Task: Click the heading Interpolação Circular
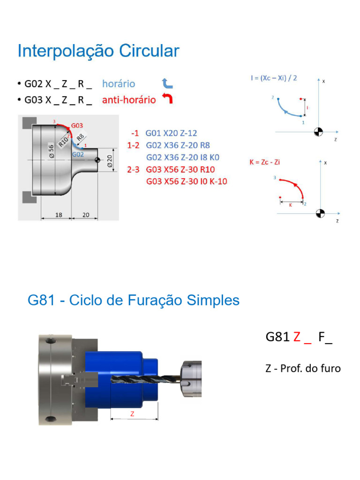point(98,51)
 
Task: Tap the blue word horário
point(119,84)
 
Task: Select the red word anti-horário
point(129,100)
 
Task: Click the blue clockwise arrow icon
point(167,84)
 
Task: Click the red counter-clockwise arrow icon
point(167,99)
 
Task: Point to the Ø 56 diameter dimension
point(51,150)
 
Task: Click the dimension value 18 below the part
point(59,215)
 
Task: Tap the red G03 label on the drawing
point(77,126)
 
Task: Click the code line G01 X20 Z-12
point(171,133)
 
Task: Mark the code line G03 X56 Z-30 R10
point(180,170)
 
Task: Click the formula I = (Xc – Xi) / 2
point(273,78)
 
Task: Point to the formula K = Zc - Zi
point(265,162)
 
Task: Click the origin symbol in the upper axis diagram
point(319,132)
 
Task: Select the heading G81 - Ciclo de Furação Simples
point(134,300)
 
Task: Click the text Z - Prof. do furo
point(303,368)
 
